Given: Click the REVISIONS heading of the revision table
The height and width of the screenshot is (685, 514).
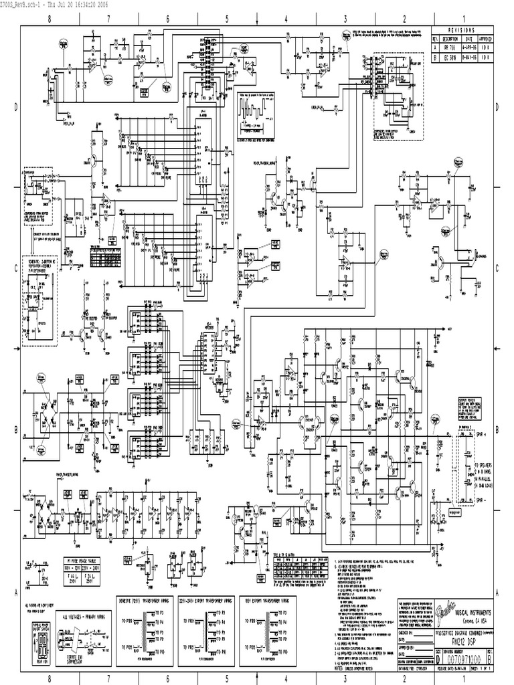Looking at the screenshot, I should (461, 31).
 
